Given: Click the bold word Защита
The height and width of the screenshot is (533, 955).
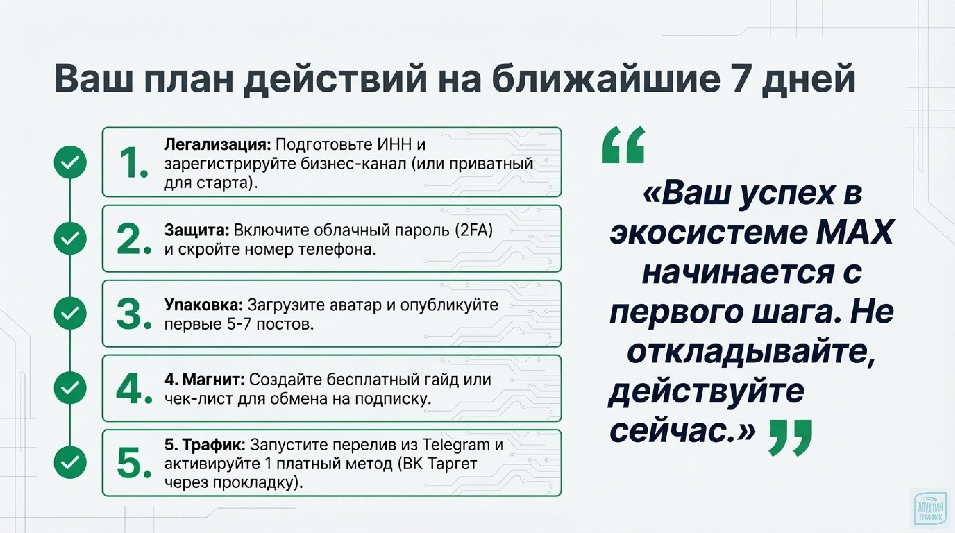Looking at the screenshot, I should coord(197,230).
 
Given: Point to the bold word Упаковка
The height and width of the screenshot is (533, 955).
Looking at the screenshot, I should coord(203,305).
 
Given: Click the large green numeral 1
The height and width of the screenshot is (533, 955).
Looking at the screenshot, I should coord(131,163).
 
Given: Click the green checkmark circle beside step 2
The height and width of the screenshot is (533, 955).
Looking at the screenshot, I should coord(70,238).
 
